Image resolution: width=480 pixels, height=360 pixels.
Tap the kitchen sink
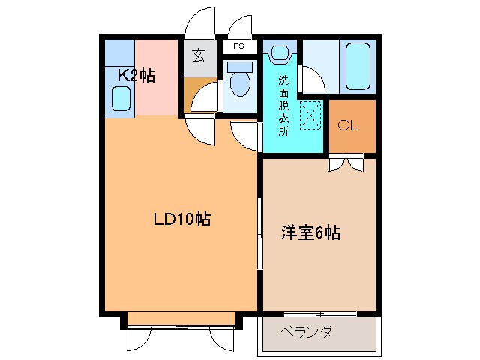[x=120, y=97]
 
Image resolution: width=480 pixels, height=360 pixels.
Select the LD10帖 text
[x=181, y=220]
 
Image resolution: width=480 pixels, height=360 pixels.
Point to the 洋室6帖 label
[x=310, y=233]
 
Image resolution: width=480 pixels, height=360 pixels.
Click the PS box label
[x=239, y=46]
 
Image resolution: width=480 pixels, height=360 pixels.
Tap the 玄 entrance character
[x=198, y=55]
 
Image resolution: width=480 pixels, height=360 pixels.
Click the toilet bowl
[x=240, y=85]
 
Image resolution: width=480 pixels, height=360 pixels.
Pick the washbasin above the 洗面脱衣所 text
[x=280, y=54]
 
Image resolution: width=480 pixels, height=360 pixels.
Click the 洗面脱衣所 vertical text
[x=283, y=105]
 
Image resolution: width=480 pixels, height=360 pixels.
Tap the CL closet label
[x=348, y=125]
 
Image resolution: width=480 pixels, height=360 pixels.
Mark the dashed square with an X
[x=310, y=114]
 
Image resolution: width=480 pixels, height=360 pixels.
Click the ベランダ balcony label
[x=305, y=332]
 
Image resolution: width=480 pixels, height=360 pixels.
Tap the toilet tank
[x=240, y=65]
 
